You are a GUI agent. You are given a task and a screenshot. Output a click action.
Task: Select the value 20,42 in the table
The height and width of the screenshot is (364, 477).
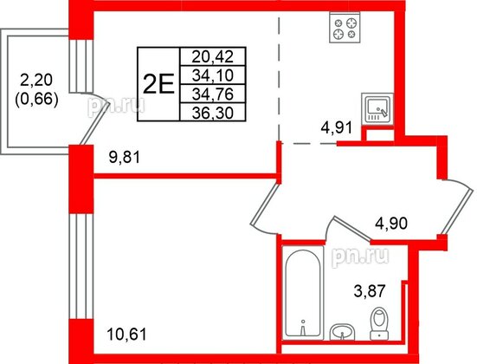tap(212, 56)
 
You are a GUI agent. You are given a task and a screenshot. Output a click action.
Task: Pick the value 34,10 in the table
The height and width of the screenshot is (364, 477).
tap(212, 75)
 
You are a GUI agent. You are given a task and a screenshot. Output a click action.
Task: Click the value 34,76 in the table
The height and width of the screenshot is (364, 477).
tap(212, 93)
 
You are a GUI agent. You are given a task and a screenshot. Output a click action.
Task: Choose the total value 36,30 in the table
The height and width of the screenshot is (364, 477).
tap(212, 111)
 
